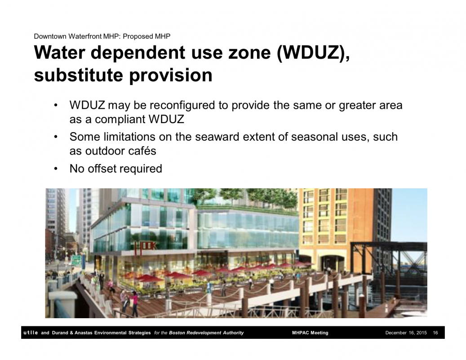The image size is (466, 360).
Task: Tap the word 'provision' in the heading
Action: [171, 76]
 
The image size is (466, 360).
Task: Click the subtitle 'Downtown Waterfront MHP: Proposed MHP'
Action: [102, 36]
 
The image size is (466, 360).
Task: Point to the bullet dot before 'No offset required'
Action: [56, 169]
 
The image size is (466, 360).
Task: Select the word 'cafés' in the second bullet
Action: [145, 151]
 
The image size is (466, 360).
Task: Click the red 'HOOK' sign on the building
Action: [145, 247]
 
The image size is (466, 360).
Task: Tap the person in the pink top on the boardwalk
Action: [134, 303]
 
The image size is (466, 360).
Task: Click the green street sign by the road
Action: [76, 260]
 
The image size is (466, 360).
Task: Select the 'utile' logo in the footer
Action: [31, 333]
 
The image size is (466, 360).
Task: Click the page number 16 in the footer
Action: [435, 333]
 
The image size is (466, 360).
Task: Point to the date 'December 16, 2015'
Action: [406, 333]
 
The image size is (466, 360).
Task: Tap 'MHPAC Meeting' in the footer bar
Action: [310, 333]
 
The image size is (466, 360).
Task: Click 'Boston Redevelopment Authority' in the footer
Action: [206, 333]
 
